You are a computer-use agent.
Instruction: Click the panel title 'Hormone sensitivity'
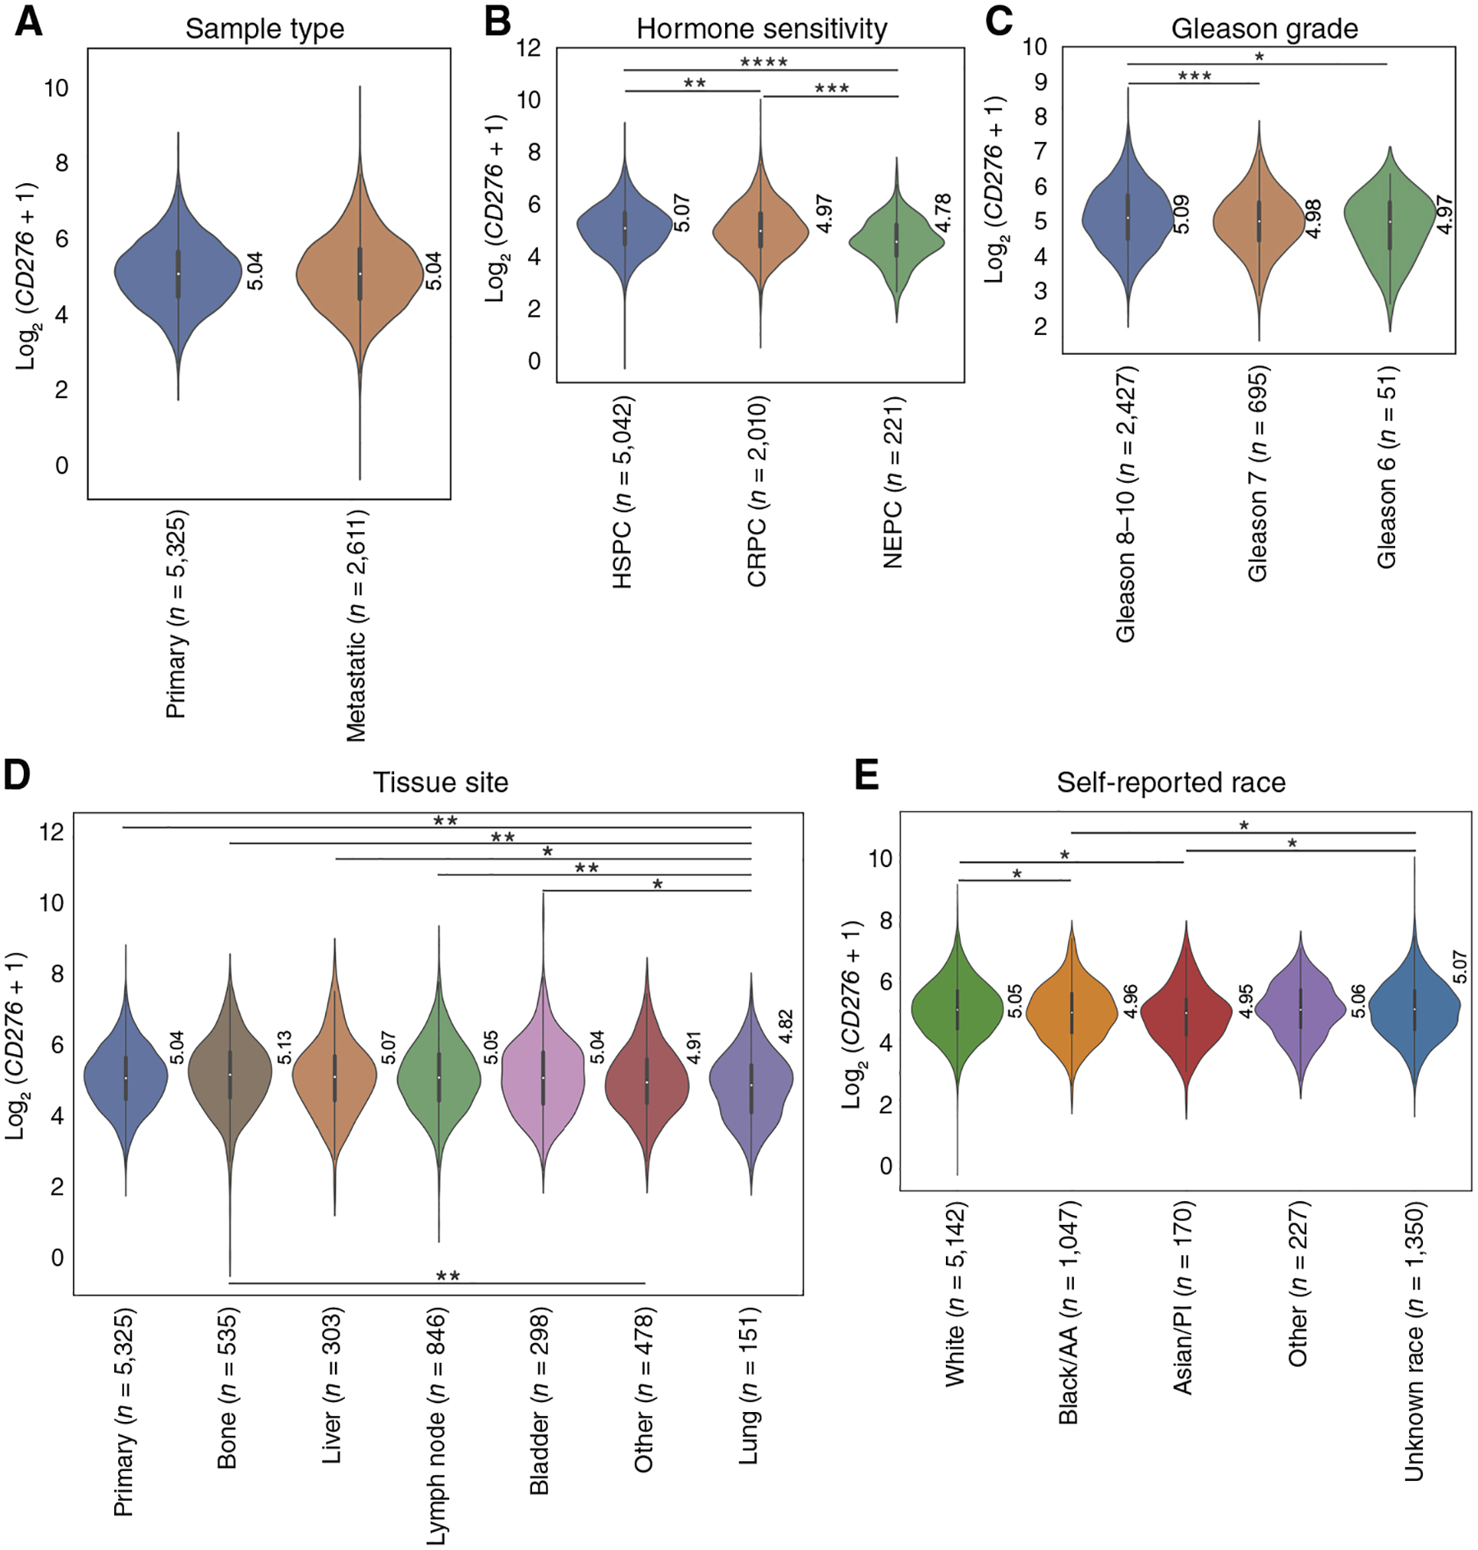point(761,29)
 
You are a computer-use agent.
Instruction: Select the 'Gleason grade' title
point(1264,29)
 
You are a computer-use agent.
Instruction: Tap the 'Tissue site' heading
point(440,782)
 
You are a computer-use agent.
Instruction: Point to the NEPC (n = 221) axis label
point(893,482)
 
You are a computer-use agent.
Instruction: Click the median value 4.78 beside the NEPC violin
point(943,213)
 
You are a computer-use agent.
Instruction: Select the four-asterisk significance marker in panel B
point(764,62)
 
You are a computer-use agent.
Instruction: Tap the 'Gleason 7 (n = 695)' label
point(1258,474)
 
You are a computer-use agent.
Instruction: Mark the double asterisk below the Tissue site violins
point(448,1277)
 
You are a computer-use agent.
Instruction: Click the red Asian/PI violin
point(1186,1018)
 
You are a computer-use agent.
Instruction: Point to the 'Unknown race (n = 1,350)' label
point(1414,1341)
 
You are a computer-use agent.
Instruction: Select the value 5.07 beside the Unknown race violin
point(1459,966)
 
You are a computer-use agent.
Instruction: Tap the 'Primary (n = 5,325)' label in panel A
point(176,614)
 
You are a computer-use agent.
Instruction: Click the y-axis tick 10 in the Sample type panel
point(57,88)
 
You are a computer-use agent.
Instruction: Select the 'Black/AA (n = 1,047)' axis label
point(1068,1313)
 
